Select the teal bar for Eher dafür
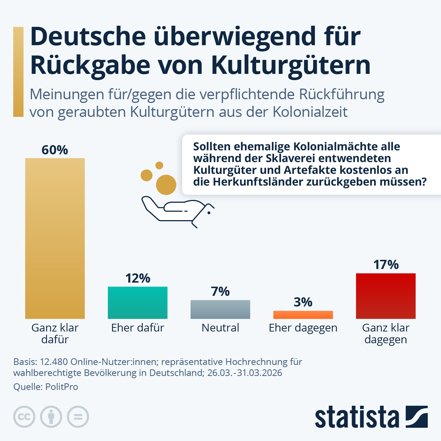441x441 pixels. click(137, 302)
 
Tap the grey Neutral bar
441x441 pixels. click(220, 309)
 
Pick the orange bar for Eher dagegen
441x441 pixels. click(303, 315)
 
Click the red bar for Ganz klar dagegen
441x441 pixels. click(386, 296)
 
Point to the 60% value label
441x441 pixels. click(55, 150)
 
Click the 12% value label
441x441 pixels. click(137, 278)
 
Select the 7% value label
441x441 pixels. click(220, 291)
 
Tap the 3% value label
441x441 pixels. click(303, 302)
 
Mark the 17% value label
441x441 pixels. click(386, 265)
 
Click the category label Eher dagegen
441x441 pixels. click(303, 327)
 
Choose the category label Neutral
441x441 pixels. click(220, 327)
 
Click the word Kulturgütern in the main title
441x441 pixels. click(291, 65)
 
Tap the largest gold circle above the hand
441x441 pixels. click(166, 184)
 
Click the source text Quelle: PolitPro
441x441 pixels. click(46, 387)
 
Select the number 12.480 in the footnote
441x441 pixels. click(54, 362)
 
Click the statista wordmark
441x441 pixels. click(356, 417)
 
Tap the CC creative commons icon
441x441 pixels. click(24, 417)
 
